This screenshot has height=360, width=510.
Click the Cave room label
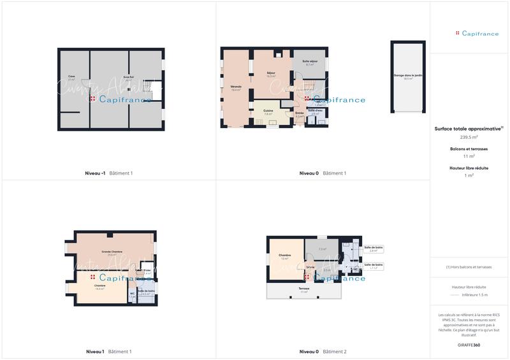71,77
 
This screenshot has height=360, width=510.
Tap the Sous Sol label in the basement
127,77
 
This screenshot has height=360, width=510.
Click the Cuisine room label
268,112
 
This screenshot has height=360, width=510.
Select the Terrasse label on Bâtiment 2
304,289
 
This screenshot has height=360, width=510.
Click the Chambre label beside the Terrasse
285,256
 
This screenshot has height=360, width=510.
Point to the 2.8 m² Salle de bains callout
373,249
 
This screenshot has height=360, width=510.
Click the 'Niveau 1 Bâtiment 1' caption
108,352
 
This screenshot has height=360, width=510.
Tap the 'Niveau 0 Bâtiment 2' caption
323,352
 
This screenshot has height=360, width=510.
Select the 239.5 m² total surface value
469,137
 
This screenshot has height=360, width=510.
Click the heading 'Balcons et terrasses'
469,148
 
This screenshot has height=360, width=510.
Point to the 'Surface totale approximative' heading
468,129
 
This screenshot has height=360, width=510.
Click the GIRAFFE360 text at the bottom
469,345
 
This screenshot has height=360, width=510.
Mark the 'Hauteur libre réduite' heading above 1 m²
469,168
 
